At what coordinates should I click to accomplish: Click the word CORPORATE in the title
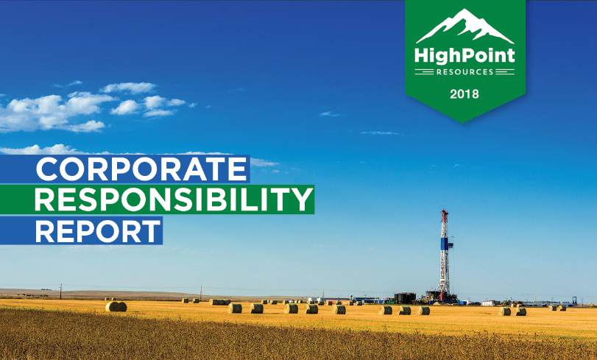click(141, 169)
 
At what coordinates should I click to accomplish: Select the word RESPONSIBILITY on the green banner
click(174, 200)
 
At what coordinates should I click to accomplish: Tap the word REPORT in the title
click(98, 231)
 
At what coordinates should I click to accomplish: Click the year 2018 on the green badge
click(464, 93)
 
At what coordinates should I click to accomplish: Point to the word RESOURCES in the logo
click(464, 71)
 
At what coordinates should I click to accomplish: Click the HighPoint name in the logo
click(464, 56)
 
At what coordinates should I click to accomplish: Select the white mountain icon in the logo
click(465, 26)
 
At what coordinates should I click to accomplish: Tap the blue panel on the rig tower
click(445, 244)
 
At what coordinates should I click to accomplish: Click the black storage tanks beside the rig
click(405, 298)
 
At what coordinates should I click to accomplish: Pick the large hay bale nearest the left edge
click(116, 307)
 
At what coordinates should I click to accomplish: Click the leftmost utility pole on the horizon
click(60, 292)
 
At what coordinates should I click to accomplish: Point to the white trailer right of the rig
click(489, 303)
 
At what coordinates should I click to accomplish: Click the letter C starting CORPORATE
click(46, 169)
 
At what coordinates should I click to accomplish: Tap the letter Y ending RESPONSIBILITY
click(302, 200)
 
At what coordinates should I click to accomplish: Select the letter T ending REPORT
click(150, 231)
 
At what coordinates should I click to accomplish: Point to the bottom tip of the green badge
click(463, 122)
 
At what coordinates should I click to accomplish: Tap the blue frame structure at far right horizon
click(577, 301)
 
